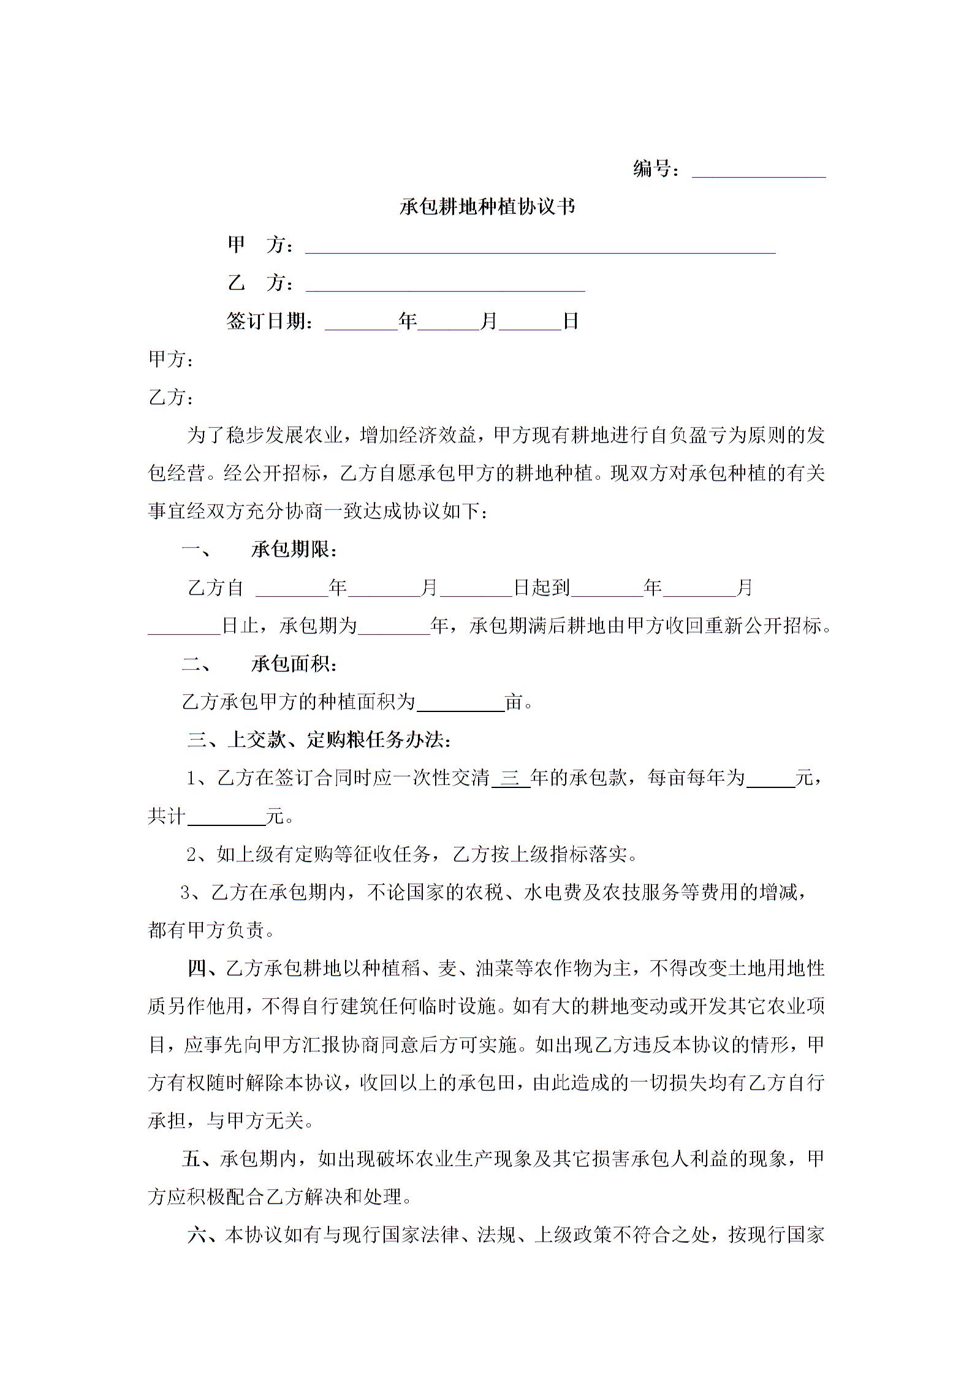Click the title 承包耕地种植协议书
coord(487,206)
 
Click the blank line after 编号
coord(759,172)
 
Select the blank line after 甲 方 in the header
coord(540,247)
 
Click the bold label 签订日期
coord(270,320)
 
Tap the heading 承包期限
coord(294,550)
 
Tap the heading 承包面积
coord(294,664)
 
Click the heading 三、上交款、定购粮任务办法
coord(319,740)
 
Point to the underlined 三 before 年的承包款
coord(511,778)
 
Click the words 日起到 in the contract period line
coord(541,588)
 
